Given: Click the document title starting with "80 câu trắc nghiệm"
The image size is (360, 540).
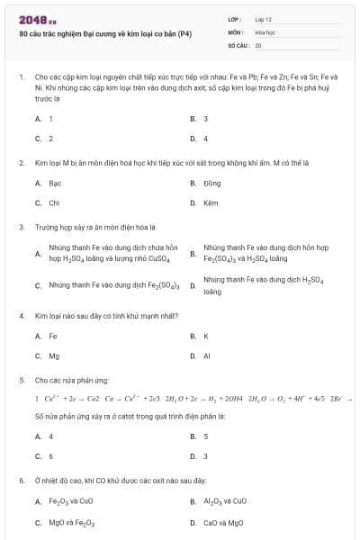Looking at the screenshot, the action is click(x=104, y=32).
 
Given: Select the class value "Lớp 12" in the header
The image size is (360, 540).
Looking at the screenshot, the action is click(x=264, y=19).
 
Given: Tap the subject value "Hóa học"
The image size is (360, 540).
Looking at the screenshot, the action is click(x=265, y=31).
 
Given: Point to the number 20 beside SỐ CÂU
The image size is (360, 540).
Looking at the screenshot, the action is click(x=258, y=44).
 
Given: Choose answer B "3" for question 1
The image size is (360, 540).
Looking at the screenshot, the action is click(x=206, y=119).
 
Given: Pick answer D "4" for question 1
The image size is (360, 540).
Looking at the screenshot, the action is click(x=206, y=139).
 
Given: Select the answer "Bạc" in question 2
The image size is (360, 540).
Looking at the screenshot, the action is click(x=55, y=183).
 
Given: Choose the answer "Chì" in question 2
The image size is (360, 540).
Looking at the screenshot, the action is click(x=54, y=202).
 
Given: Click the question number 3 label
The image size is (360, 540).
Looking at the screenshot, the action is click(x=21, y=228).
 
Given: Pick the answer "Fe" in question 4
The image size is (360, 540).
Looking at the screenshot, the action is click(x=52, y=336).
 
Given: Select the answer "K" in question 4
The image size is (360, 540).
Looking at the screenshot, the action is click(x=206, y=336).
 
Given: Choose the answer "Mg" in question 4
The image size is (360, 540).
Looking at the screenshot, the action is click(x=54, y=355).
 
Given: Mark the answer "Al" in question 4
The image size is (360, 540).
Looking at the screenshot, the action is click(x=207, y=355).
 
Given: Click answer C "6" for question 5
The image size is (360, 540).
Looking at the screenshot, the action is click(x=51, y=455).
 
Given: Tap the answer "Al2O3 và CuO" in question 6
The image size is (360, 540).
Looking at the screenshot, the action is click(x=224, y=501).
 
